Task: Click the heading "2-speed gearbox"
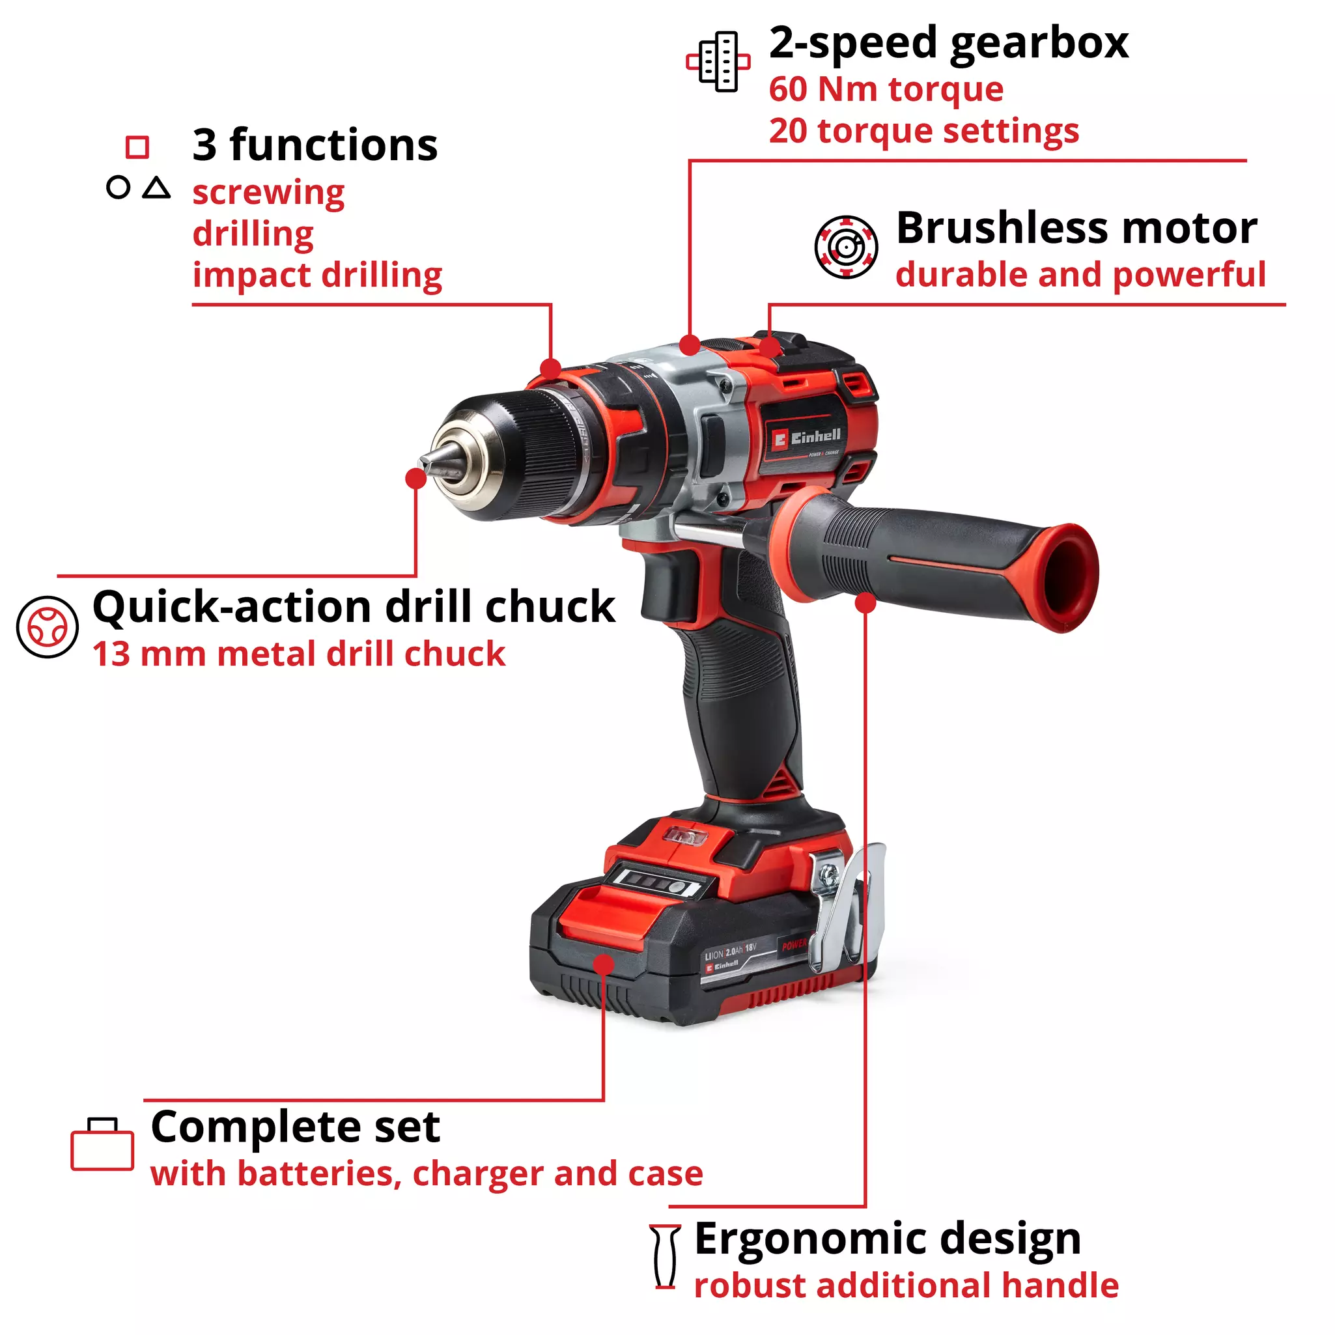[x=948, y=44]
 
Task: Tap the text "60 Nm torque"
[x=886, y=89]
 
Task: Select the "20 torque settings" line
[x=923, y=131]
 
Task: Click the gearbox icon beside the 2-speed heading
[x=718, y=61]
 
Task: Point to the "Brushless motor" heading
[x=1076, y=228]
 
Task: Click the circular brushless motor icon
[x=846, y=247]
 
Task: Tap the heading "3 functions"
[x=315, y=145]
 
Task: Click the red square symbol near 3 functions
[x=137, y=147]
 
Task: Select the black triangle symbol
[x=156, y=188]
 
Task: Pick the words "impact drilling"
[x=317, y=275]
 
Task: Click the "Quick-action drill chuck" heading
[x=354, y=607]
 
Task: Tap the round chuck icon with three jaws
[x=47, y=626]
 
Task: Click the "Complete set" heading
[x=295, y=1127]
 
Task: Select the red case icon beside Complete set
[x=102, y=1145]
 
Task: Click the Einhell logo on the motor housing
[x=806, y=438]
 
